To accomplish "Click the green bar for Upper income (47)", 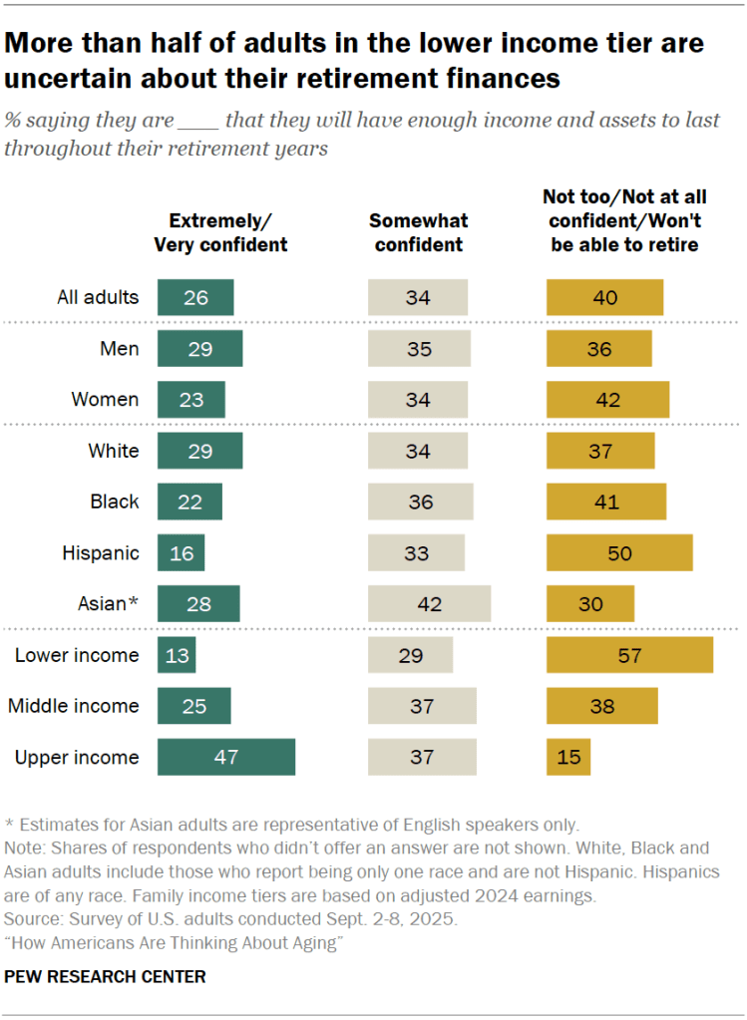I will click(226, 757).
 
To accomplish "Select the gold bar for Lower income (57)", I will click(629, 655).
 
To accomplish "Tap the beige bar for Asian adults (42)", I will click(429, 603).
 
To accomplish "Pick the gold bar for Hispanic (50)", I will click(619, 552).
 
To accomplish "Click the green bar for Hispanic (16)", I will click(181, 552).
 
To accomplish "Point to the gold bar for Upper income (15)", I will click(568, 757).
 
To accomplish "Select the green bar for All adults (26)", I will click(195, 297).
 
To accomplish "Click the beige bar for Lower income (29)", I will click(410, 655).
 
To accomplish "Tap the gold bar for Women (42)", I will click(607, 400).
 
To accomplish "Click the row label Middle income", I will click(74, 706).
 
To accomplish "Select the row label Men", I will click(121, 349).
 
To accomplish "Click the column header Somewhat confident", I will click(418, 232).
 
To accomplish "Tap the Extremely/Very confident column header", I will click(220, 232).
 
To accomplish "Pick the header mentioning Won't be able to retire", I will click(623, 221).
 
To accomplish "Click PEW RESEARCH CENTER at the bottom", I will click(105, 977).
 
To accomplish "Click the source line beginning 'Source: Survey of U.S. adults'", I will click(229, 916).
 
